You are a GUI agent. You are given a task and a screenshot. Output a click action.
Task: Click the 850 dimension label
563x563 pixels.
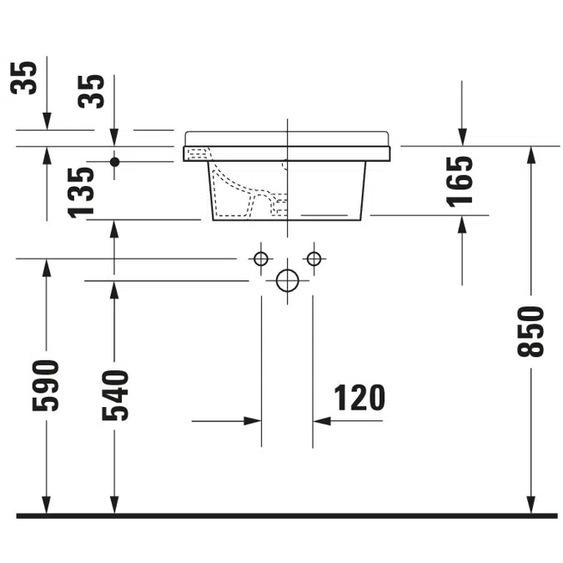[530, 331]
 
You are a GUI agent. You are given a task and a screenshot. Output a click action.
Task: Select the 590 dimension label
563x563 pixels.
[46, 385]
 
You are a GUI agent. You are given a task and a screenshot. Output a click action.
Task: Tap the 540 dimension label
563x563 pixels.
[115, 395]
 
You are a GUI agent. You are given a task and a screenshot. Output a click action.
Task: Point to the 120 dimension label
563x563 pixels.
[359, 398]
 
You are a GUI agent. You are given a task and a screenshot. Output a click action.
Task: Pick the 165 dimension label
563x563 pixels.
[460, 182]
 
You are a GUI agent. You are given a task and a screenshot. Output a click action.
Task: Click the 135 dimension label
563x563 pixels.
[81, 193]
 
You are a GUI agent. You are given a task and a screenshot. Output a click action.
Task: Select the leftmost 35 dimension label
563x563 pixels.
[23, 78]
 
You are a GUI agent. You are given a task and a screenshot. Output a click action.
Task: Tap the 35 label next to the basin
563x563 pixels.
[91, 91]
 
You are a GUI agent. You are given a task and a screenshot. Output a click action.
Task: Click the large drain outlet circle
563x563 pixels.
[287, 280]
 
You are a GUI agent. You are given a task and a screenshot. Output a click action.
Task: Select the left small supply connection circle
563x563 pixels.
[261, 259]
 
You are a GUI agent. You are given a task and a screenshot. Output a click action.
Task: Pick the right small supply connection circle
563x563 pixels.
[314, 259]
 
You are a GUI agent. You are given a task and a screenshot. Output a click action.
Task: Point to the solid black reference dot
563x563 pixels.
[114, 162]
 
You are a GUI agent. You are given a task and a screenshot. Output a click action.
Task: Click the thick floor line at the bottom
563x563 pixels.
[287, 516]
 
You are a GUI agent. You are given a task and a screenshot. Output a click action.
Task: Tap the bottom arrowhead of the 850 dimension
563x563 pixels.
[531, 505]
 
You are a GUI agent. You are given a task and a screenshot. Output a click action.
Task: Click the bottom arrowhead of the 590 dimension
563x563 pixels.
[47, 505]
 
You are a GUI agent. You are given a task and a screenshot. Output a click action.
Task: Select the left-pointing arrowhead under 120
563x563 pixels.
[322, 421]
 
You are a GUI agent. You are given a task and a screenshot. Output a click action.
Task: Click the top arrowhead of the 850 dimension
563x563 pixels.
[531, 155]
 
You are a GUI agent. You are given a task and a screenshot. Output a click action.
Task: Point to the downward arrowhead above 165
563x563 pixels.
[462, 137]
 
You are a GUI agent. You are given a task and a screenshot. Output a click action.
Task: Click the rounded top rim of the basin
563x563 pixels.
[287, 138]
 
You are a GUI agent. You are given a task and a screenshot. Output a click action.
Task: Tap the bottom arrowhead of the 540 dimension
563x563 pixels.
[114, 505]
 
